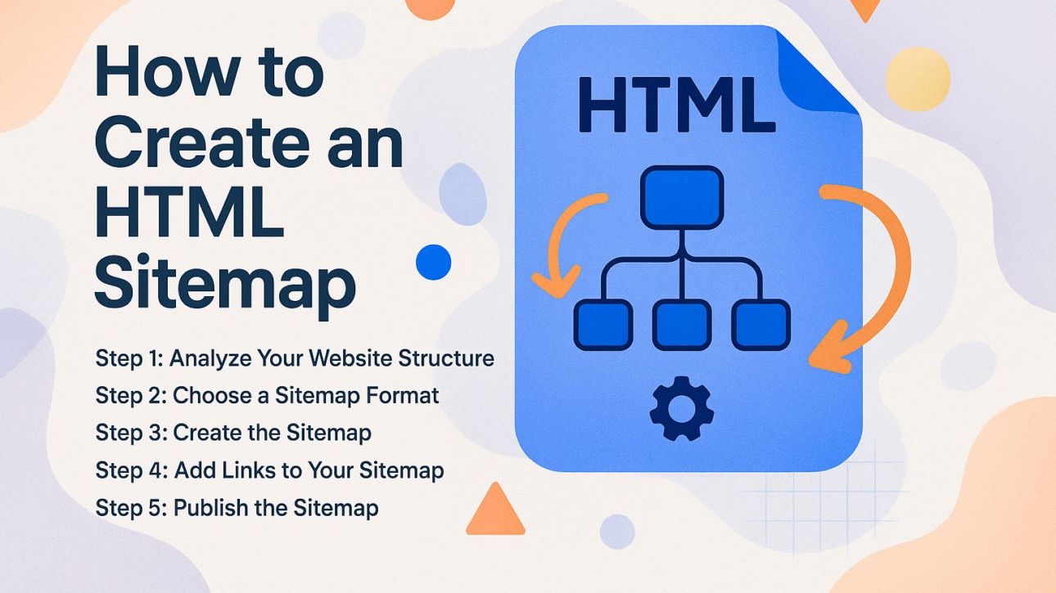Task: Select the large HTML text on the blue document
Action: point(676,104)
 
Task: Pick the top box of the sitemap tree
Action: point(681,197)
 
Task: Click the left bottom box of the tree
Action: point(603,325)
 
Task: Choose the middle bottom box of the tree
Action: point(681,325)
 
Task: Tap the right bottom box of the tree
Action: point(760,325)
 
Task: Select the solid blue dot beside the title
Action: point(433,262)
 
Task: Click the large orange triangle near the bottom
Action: point(494,511)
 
